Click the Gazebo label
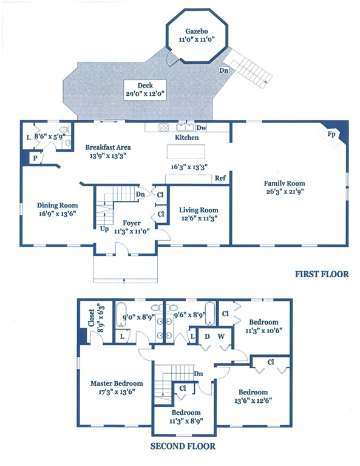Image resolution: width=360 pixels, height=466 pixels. point(197,31)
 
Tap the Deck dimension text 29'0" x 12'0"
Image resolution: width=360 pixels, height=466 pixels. point(145,94)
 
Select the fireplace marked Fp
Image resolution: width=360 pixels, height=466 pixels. point(331,134)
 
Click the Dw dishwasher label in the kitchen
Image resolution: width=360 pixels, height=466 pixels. point(202,128)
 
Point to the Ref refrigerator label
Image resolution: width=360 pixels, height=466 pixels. point(220,178)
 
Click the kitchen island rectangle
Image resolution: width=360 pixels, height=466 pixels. point(186,152)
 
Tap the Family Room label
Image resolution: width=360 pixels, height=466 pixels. point(285,183)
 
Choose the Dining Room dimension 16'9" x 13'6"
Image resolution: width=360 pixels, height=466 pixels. point(58,214)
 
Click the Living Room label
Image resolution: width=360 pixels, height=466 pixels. point(199,210)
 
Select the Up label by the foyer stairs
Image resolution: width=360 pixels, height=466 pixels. point(104,229)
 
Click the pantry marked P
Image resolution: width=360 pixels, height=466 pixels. point(35,158)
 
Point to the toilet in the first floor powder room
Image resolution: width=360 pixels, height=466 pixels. point(65,130)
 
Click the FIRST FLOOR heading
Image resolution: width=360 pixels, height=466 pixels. point(322,274)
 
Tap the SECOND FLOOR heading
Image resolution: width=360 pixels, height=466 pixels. point(183,446)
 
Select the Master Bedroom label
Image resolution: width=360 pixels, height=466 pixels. point(117,383)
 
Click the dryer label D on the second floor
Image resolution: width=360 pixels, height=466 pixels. point(207,336)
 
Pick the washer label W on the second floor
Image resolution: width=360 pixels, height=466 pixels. point(221,336)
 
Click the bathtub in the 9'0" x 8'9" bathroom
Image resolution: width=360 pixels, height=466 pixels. point(121,314)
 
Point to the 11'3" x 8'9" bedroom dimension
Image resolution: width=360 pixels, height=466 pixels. point(186,421)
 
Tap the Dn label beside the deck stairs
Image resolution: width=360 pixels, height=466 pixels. point(224,70)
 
